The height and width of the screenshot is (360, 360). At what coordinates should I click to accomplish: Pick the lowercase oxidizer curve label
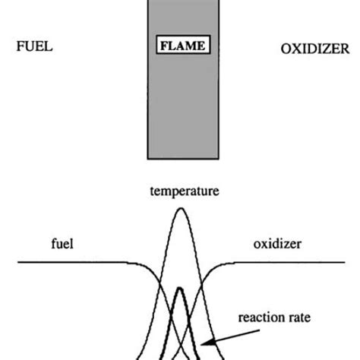[x=276, y=245]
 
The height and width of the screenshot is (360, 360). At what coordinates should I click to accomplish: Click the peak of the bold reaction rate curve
[x=179, y=289]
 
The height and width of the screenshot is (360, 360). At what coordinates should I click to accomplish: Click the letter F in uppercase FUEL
[x=21, y=46]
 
